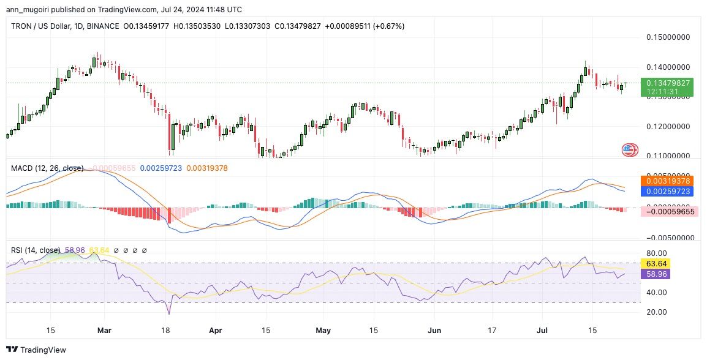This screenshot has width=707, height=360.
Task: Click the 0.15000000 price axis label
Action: tap(668, 37)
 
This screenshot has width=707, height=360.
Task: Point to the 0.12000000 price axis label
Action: tap(668, 127)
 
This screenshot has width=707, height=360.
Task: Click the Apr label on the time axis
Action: tap(215, 331)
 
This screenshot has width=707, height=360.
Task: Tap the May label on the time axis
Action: tap(323, 331)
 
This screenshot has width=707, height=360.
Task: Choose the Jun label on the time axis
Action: tap(434, 331)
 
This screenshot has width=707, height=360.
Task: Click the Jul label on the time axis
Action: tap(543, 331)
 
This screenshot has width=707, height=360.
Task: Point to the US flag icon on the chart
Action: tap(630, 149)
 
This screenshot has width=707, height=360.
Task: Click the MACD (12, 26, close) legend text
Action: tap(47, 168)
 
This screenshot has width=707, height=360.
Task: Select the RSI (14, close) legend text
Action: tap(36, 250)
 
